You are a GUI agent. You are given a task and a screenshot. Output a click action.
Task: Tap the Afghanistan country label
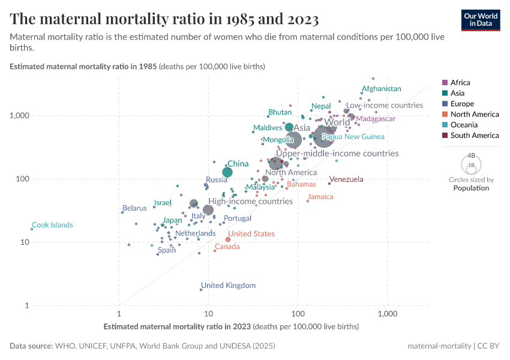pos(380,89)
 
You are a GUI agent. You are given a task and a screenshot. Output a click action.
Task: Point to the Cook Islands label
pos(52,225)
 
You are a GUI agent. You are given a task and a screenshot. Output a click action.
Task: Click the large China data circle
pos(227,172)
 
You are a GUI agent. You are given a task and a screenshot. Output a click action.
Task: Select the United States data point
pos(228,239)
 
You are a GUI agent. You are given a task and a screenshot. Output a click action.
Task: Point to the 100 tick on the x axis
pos(298,314)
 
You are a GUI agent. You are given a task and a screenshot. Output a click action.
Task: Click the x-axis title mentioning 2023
pos(231,326)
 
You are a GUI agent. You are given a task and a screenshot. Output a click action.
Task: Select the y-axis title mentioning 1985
pos(137,66)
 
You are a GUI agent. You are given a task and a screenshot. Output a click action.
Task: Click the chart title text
pos(164,19)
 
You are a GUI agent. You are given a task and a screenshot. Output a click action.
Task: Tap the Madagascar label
pos(376,119)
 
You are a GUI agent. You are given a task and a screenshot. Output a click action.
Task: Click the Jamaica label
pos(320,197)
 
